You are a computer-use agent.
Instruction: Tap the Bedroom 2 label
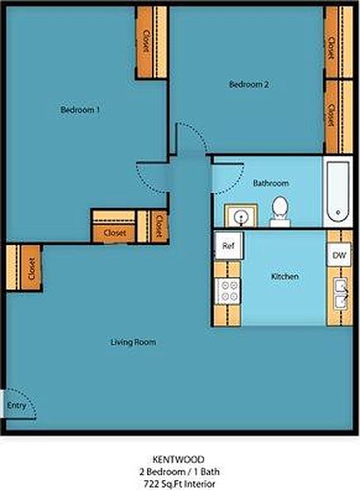click(x=249, y=84)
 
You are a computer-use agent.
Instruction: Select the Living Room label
click(x=134, y=341)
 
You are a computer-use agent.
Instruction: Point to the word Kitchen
click(x=285, y=276)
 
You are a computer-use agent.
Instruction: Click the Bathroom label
click(x=270, y=183)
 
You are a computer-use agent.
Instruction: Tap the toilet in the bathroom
click(x=280, y=211)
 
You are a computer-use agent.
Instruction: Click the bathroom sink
click(x=239, y=216)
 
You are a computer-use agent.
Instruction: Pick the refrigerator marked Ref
click(x=229, y=244)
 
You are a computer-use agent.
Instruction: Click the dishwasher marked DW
click(x=339, y=255)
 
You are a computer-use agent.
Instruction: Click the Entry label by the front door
click(x=16, y=406)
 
